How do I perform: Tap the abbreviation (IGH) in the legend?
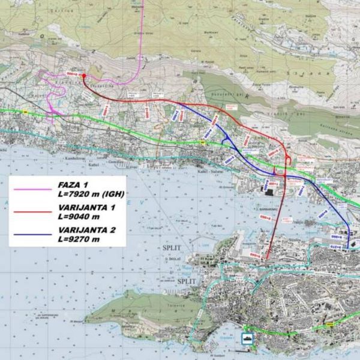point(112,195)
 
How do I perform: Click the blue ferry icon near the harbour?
point(247,337)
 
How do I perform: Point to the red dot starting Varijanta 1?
point(83,76)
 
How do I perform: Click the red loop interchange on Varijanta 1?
point(288,159)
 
